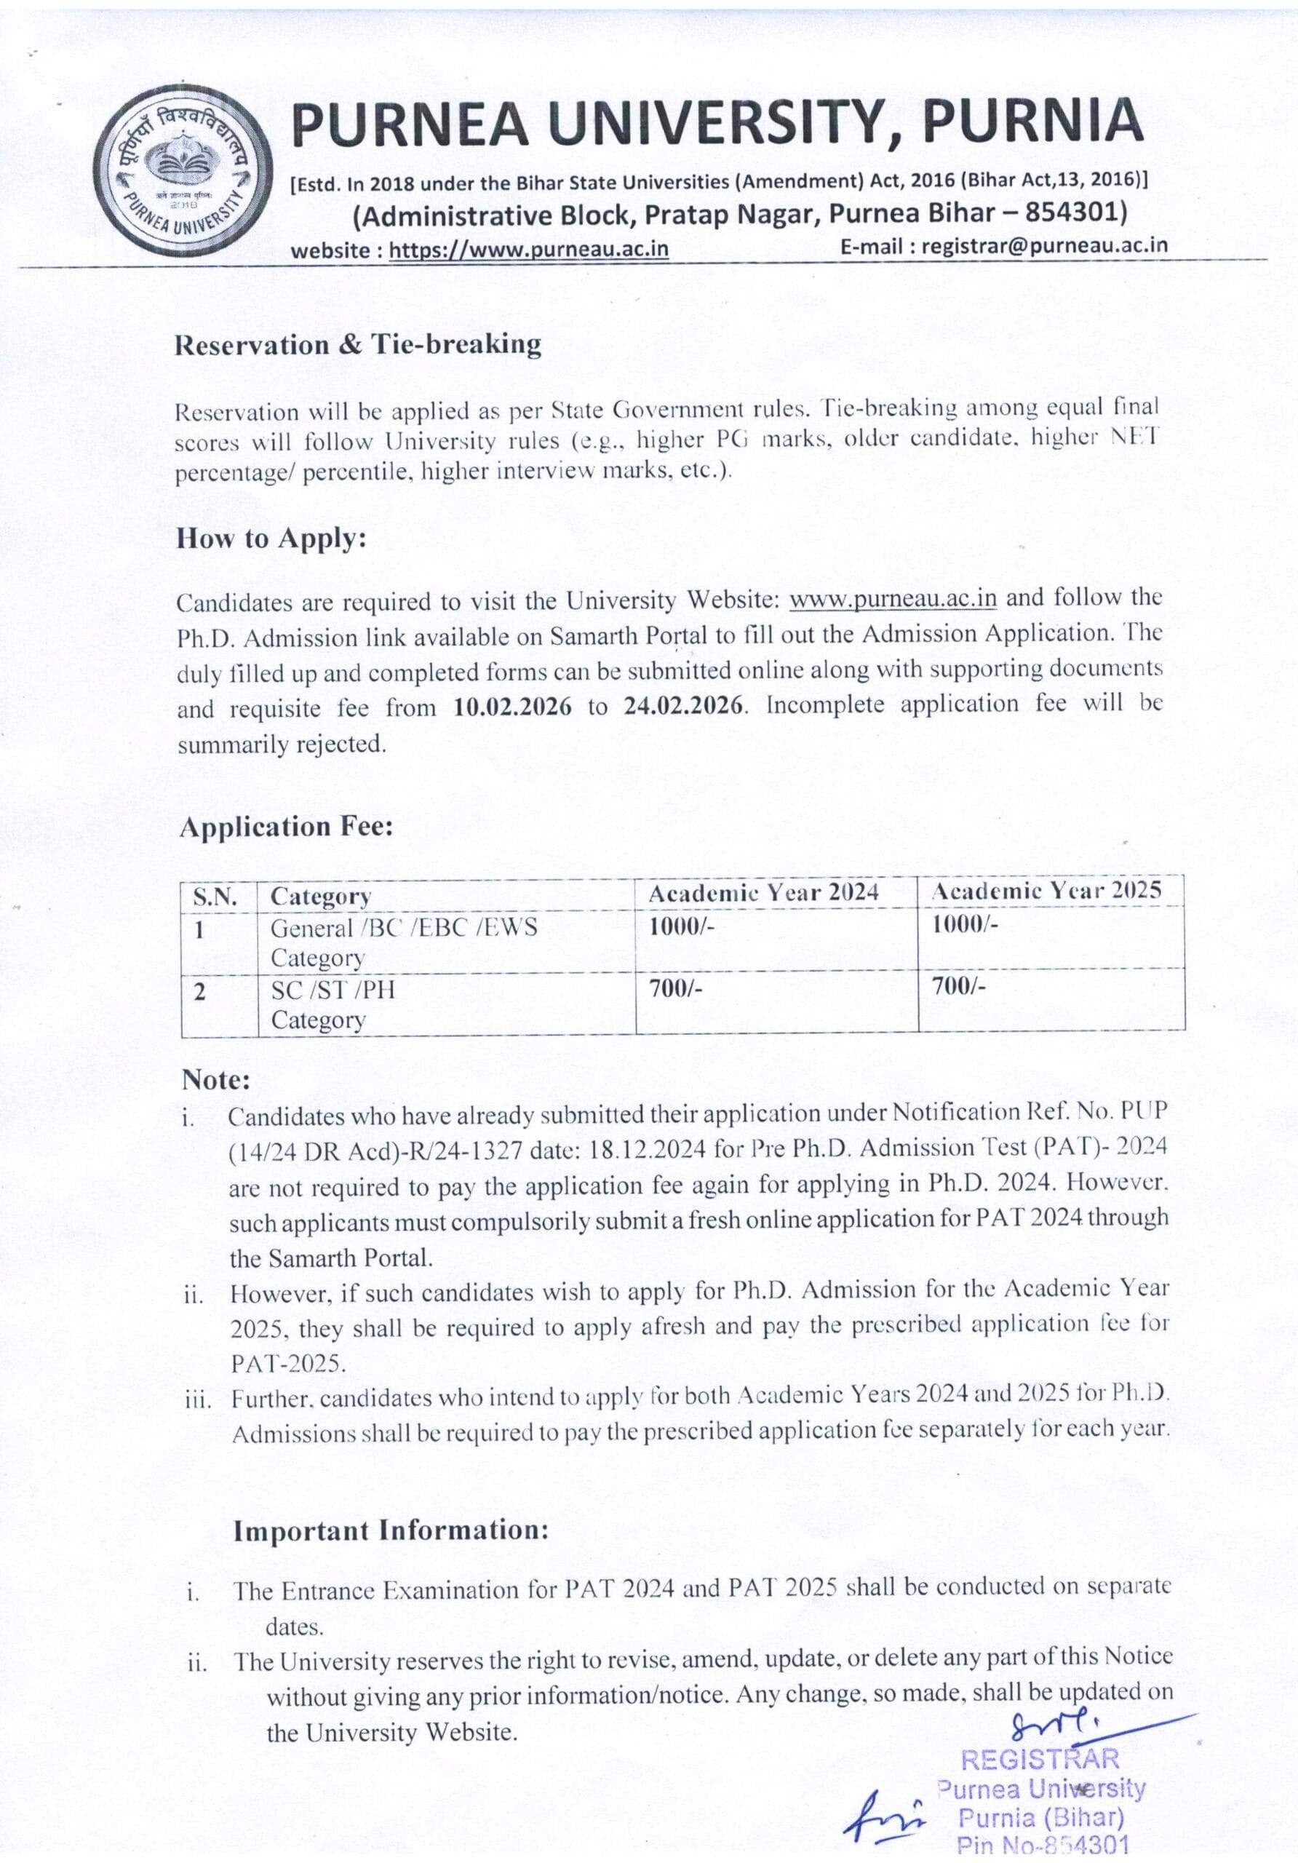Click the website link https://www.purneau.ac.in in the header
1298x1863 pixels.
pyautogui.click(x=529, y=248)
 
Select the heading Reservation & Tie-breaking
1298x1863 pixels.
pyautogui.click(x=358, y=345)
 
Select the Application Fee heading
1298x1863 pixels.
pyautogui.click(x=287, y=827)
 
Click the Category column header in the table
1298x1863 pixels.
pyautogui.click(x=320, y=896)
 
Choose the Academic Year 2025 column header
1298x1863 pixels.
pyautogui.click(x=1046, y=891)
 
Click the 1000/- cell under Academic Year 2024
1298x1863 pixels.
pyautogui.click(x=682, y=926)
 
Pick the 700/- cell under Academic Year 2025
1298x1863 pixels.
pyautogui.click(x=958, y=988)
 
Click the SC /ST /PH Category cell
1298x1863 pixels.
pyautogui.click(x=333, y=1004)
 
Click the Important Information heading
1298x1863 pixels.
pyautogui.click(x=391, y=1530)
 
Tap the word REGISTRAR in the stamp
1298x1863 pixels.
pyautogui.click(x=1040, y=1759)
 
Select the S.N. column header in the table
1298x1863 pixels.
pyautogui.click(x=215, y=897)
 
